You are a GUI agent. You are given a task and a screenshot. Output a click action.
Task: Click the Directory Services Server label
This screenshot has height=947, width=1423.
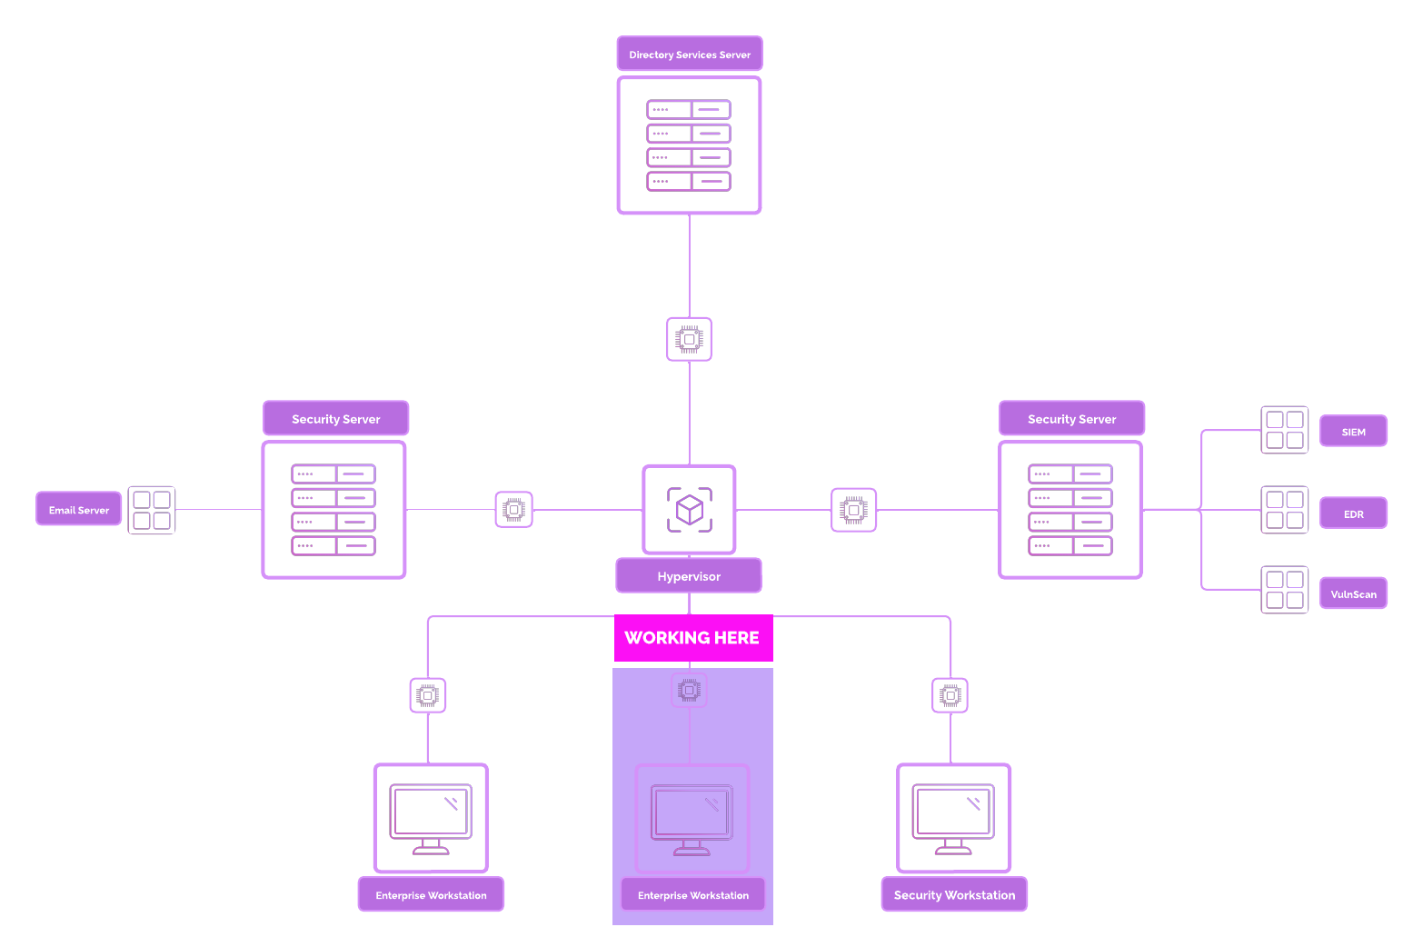pos(690,55)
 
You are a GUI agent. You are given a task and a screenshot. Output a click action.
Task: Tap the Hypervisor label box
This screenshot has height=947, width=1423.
pos(689,576)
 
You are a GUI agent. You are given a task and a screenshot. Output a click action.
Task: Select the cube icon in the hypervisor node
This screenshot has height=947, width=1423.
pos(690,510)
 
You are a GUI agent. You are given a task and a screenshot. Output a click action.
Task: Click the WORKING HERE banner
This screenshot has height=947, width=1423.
pos(692,638)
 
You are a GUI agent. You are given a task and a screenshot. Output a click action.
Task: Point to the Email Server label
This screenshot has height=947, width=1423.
pos(79,510)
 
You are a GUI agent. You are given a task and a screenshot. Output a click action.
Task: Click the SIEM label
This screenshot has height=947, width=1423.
pos(1353,432)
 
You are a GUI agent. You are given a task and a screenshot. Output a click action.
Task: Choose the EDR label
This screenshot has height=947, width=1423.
pos(1353,513)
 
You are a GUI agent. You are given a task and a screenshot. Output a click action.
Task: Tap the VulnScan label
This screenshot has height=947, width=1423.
pos(1353,594)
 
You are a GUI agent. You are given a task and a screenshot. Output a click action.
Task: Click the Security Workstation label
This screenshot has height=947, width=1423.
pos(954,895)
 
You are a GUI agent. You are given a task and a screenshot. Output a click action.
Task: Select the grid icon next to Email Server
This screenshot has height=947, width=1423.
pos(152,510)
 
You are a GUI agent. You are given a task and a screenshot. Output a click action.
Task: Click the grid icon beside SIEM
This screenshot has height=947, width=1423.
pos(1285,430)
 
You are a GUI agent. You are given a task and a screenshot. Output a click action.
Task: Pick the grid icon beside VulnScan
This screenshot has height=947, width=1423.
pos(1285,590)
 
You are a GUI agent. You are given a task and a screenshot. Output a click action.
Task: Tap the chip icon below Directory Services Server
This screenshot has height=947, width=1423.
pos(690,339)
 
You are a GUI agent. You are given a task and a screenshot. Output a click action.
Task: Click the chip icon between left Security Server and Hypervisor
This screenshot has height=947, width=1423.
pos(514,510)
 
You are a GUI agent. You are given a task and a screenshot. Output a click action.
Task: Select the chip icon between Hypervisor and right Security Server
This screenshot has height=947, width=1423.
pos(854,510)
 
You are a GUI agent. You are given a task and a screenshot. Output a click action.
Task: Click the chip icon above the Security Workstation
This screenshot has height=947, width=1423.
pos(950,696)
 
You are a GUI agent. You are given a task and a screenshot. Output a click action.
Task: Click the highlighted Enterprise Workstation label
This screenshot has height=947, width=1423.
pos(693,895)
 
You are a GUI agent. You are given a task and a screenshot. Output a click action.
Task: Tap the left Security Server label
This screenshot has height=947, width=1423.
pos(336,419)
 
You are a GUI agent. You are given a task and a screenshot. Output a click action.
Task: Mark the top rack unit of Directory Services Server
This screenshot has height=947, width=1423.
pos(689,110)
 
